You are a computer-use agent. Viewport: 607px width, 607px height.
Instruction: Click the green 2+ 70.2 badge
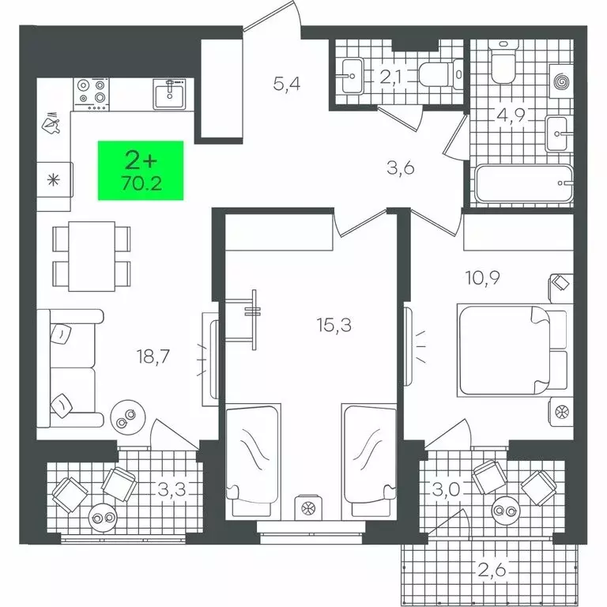click(x=141, y=169)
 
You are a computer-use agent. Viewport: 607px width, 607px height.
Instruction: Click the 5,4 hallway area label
click(x=287, y=83)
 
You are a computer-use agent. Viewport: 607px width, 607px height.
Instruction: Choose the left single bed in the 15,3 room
click(x=252, y=453)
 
